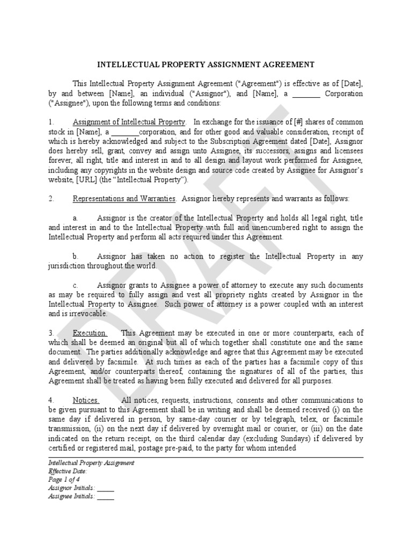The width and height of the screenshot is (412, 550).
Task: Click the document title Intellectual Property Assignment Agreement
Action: click(x=205, y=64)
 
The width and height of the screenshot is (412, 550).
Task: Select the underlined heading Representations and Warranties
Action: click(x=124, y=199)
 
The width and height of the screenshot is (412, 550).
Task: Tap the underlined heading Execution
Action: click(x=90, y=333)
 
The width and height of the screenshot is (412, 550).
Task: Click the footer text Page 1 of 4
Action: click(x=64, y=480)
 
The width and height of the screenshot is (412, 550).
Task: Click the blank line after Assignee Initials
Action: click(x=106, y=497)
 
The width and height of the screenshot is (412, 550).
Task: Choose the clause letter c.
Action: click(x=75, y=285)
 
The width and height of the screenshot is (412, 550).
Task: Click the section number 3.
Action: click(x=51, y=333)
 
